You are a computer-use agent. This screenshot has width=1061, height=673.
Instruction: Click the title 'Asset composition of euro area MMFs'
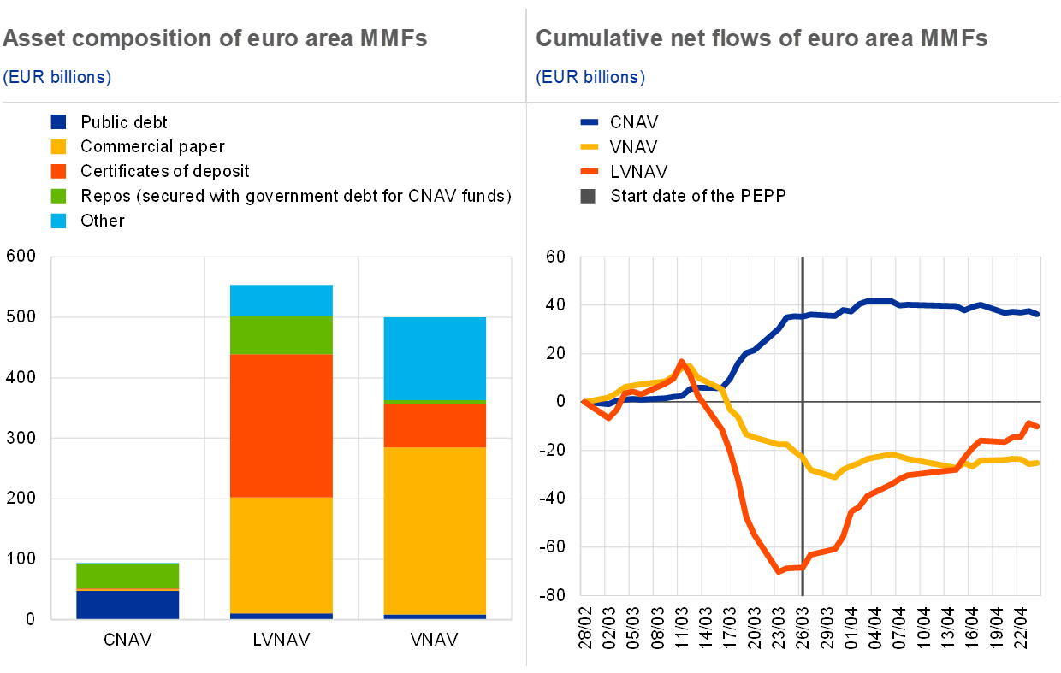[x=215, y=38]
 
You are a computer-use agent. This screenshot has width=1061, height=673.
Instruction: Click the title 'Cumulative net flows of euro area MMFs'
[x=762, y=38]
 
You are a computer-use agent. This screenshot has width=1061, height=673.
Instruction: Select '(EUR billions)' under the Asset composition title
[x=57, y=77]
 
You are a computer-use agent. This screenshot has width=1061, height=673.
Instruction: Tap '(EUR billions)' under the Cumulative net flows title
[x=590, y=77]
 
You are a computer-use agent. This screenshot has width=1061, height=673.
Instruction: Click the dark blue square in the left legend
[x=58, y=122]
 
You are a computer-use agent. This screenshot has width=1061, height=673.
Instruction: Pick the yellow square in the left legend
[x=58, y=147]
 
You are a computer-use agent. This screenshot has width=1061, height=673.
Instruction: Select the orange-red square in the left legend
[x=58, y=171]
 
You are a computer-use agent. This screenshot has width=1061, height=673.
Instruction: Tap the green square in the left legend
[x=58, y=196]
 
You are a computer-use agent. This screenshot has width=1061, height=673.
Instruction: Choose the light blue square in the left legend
[x=58, y=221]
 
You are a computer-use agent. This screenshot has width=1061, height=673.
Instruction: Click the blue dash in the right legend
[x=590, y=122]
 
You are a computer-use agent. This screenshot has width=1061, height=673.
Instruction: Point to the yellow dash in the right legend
[x=590, y=147]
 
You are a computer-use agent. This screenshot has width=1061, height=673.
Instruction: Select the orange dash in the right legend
[x=590, y=171]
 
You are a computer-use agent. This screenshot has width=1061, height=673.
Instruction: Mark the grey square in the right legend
[x=588, y=196]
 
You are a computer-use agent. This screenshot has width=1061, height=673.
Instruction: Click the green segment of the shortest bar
[x=127, y=576]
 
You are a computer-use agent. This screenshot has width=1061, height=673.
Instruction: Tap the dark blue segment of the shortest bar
[x=127, y=604]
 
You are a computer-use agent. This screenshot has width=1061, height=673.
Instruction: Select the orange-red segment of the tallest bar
[x=282, y=426]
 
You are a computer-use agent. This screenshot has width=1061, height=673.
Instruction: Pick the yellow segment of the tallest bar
[x=282, y=555]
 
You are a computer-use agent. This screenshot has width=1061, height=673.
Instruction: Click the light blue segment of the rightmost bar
[x=435, y=358]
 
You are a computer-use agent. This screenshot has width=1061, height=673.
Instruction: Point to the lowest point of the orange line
[x=779, y=571]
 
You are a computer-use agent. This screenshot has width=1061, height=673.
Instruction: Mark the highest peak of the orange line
[x=682, y=362]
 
